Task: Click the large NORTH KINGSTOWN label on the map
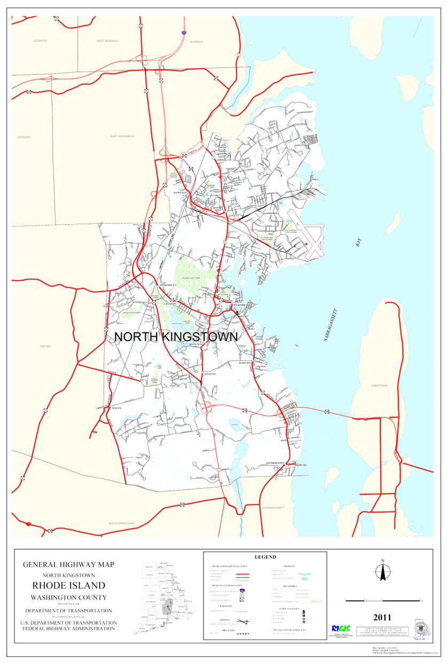[x=176, y=337]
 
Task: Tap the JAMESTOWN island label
[x=380, y=385]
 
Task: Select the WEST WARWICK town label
[x=108, y=41]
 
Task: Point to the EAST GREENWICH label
[x=122, y=137]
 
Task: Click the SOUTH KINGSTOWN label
[x=122, y=523]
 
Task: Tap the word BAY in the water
[x=359, y=242]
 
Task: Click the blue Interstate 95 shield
[x=184, y=33]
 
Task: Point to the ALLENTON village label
[x=209, y=374]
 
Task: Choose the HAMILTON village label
[x=245, y=363]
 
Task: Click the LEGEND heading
[x=265, y=556]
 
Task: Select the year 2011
[x=382, y=618]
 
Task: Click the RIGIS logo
[x=340, y=628]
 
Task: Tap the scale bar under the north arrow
[x=382, y=601]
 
